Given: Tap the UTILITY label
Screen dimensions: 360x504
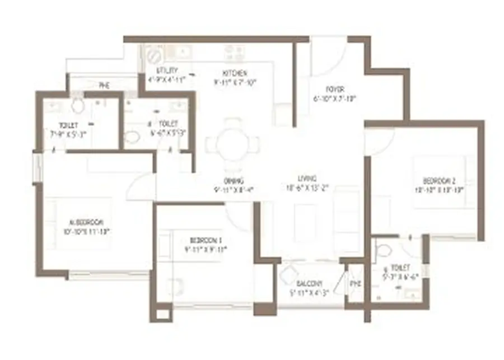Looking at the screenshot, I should click(167, 71).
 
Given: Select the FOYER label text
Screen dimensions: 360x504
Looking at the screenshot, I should click(335, 90).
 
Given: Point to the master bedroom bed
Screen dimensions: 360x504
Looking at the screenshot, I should click(78, 224).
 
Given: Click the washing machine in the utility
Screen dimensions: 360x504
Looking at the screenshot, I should click(152, 55).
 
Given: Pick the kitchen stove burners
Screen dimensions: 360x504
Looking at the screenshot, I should click(234, 54).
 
